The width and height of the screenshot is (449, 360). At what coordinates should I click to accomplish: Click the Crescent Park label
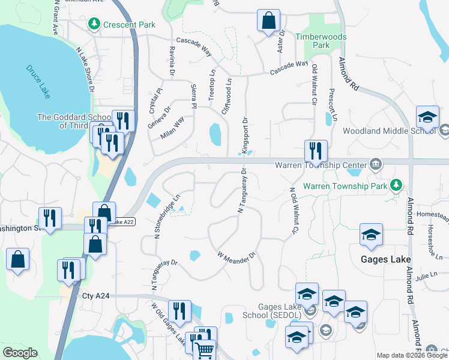129,25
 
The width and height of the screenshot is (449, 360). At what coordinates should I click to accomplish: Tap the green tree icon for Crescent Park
94,24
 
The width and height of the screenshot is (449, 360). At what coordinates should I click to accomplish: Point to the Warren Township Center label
321,164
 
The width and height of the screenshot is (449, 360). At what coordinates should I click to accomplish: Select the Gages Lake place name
385,259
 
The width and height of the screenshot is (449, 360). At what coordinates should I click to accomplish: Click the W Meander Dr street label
237,255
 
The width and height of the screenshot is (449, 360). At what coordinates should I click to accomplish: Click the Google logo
20,353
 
